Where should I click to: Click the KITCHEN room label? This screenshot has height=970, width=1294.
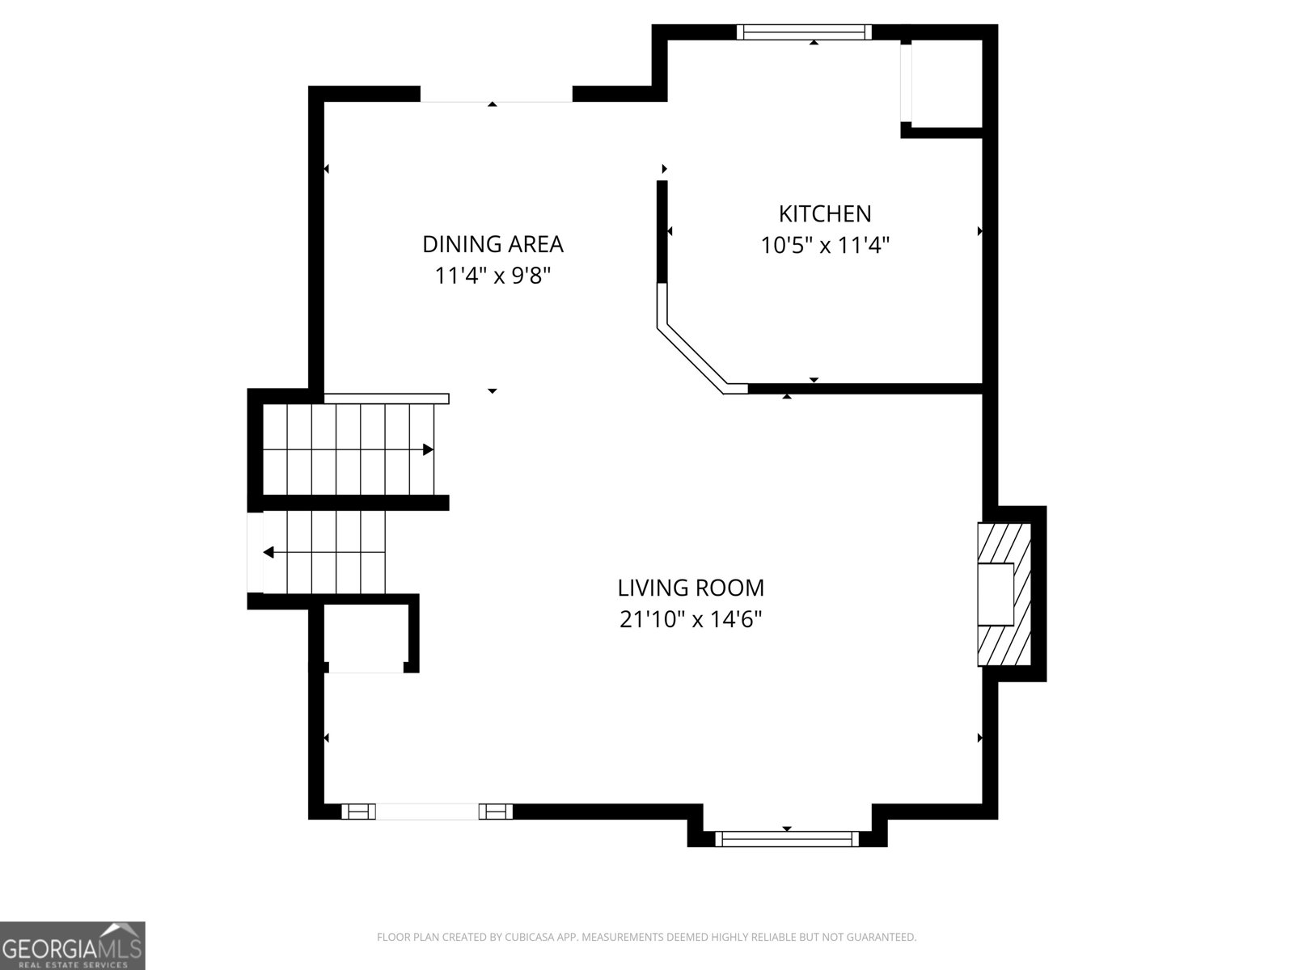click(825, 213)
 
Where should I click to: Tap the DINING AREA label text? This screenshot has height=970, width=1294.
click(493, 244)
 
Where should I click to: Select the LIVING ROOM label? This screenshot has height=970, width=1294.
click(691, 588)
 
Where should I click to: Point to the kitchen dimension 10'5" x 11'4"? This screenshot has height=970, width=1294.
click(825, 245)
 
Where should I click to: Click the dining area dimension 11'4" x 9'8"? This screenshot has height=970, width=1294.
click(493, 276)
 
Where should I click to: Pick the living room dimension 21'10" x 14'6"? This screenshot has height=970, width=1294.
click(691, 619)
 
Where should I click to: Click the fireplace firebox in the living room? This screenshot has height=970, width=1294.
click(996, 594)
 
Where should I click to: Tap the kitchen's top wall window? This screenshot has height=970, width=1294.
click(804, 32)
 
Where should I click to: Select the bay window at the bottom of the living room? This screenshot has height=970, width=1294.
click(787, 839)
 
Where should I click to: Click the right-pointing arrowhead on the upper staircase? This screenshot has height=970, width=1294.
click(428, 450)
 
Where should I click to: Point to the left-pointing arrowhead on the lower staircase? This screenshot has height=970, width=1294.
click(269, 552)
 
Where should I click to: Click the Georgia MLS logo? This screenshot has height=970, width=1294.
click(73, 945)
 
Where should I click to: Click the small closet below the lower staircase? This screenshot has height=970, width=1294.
click(366, 637)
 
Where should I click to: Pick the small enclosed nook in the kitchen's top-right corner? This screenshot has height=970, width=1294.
click(947, 83)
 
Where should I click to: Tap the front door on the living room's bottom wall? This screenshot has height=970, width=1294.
click(427, 812)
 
